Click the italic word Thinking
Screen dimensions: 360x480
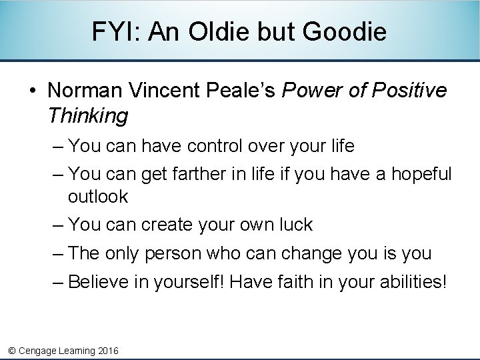(87, 116)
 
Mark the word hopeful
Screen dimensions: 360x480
(421, 174)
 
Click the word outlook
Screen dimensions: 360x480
(98, 197)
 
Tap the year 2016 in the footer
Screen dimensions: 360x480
(107, 351)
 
